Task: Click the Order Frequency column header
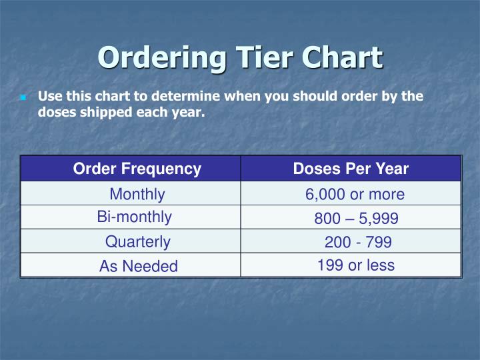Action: [137, 169]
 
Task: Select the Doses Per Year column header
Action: [351, 169]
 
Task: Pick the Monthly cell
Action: [137, 194]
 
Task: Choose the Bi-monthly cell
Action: [134, 217]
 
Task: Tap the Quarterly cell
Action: [137, 241]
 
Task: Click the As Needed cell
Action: [138, 266]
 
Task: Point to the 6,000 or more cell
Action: [355, 194]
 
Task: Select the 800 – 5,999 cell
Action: [356, 218]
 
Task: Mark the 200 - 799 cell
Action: [357, 242]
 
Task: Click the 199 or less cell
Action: [355, 265]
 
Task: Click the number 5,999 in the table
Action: [379, 218]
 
